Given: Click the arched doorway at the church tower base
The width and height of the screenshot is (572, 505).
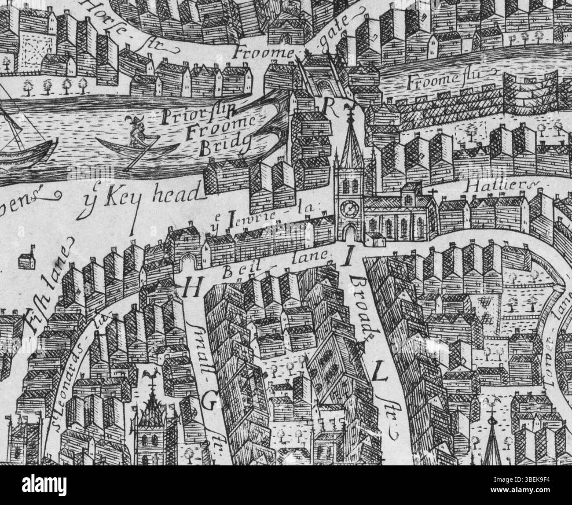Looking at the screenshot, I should pyautogui.click(x=350, y=231).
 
